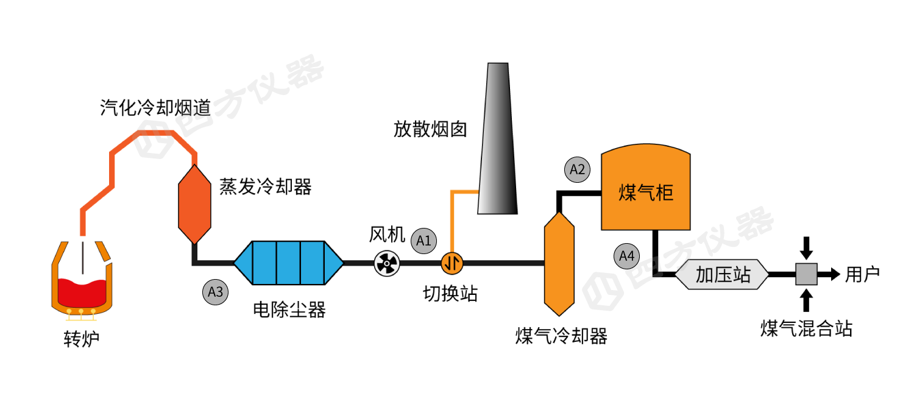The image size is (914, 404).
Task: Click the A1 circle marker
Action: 423,241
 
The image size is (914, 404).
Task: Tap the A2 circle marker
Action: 577,170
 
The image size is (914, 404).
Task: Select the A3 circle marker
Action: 215,292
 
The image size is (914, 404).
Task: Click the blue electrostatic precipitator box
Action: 288,263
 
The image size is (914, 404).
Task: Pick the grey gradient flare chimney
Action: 497,140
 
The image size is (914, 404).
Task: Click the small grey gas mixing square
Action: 806,275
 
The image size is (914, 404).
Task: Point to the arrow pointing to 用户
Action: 830,275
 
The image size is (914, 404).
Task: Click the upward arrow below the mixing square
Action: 806,300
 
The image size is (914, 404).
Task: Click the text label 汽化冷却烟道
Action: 155,108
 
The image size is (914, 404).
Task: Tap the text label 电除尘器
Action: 289,310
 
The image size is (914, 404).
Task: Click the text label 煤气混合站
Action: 806,328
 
